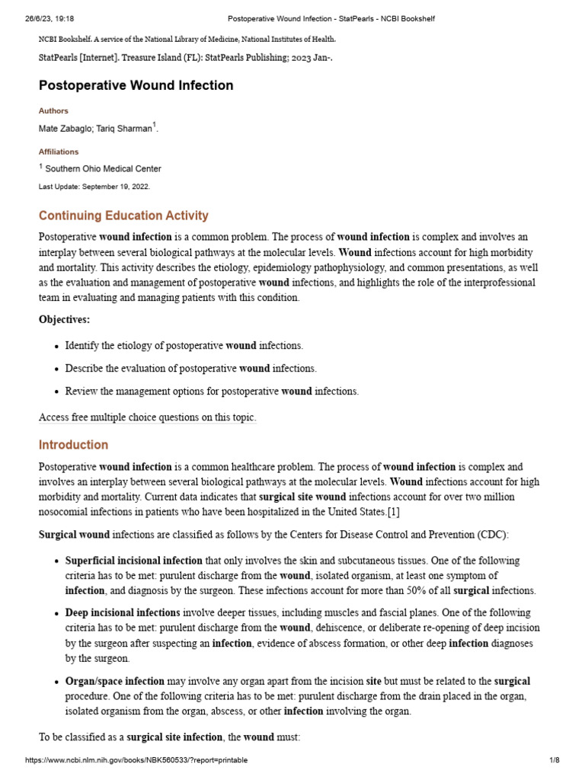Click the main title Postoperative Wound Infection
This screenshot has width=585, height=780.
pos(136,85)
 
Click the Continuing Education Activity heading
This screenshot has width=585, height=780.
pos(123,216)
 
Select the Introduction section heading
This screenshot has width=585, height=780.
pos(73,444)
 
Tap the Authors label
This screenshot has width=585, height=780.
pos(53,110)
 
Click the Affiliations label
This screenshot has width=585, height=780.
pos(59,152)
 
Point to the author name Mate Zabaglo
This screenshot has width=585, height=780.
pos(66,129)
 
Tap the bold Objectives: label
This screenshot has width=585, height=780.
pos(64,319)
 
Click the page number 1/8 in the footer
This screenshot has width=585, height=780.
pos(554,760)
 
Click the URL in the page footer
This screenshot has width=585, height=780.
pos(136,760)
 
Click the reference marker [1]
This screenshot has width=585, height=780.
pos(393,511)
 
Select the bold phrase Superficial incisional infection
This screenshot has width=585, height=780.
pos(134,560)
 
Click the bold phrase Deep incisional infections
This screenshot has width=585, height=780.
pos(123,612)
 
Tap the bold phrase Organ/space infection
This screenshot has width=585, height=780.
pos(114,681)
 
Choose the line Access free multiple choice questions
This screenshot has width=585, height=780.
pos(148,417)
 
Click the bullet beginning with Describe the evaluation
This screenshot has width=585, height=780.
pos(190,368)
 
